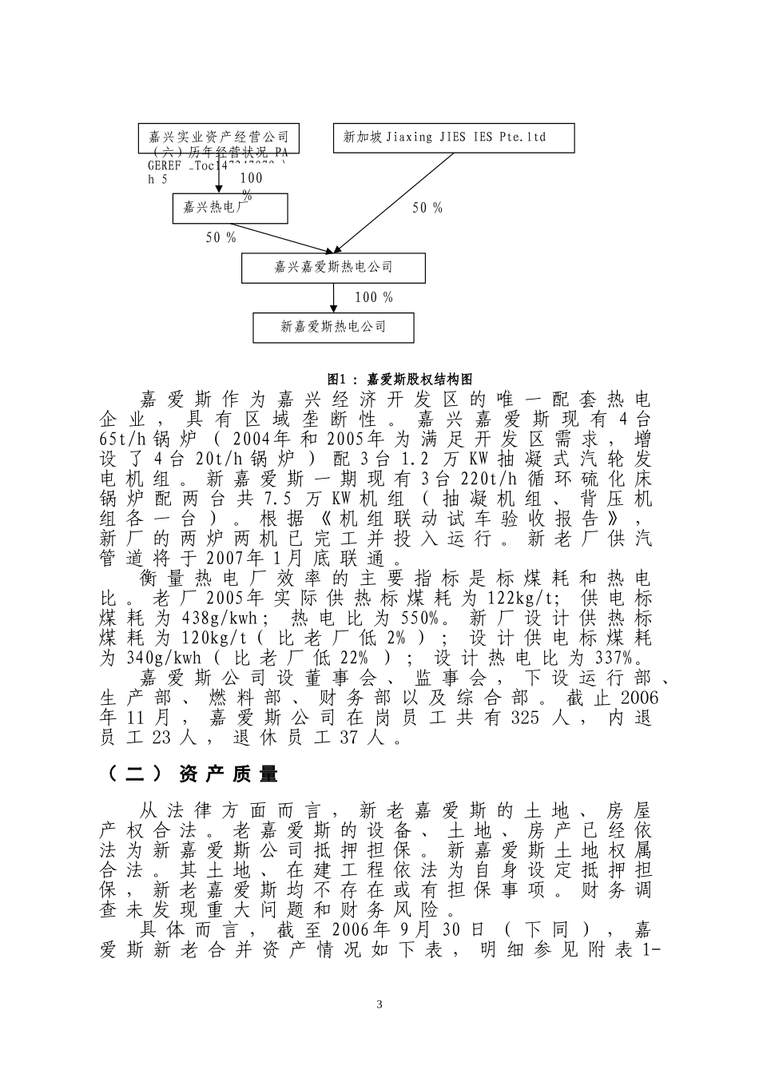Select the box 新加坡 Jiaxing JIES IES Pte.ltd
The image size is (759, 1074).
coord(453,137)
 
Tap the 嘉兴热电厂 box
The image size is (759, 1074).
coord(229,207)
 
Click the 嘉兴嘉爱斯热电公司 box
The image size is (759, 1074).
coord(334,267)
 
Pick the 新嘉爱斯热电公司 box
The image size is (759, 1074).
coord(334,326)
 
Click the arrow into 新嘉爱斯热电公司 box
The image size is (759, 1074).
coord(334,297)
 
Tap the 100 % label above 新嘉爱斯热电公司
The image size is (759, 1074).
coord(374,297)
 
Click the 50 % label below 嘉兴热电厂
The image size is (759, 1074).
coord(221,237)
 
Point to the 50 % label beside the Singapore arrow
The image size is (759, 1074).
coord(427,208)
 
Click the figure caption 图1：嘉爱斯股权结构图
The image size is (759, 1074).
coord(401,379)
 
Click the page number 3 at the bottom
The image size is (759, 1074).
coord(379,1004)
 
